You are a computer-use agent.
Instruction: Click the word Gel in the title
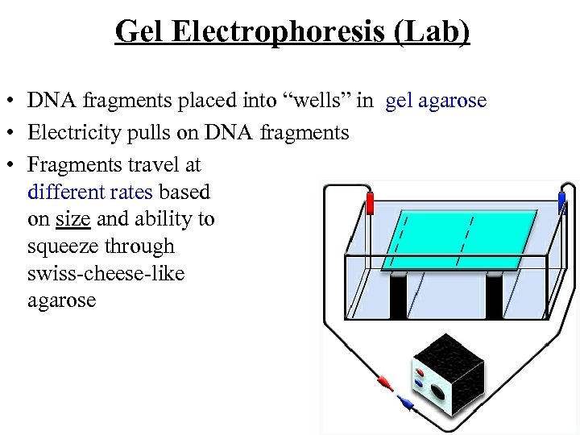click(x=139, y=33)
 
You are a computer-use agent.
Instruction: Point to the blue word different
click(x=65, y=192)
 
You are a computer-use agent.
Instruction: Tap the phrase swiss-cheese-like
click(x=106, y=273)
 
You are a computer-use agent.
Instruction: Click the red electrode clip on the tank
click(x=371, y=203)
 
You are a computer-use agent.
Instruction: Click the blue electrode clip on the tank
click(x=562, y=201)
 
